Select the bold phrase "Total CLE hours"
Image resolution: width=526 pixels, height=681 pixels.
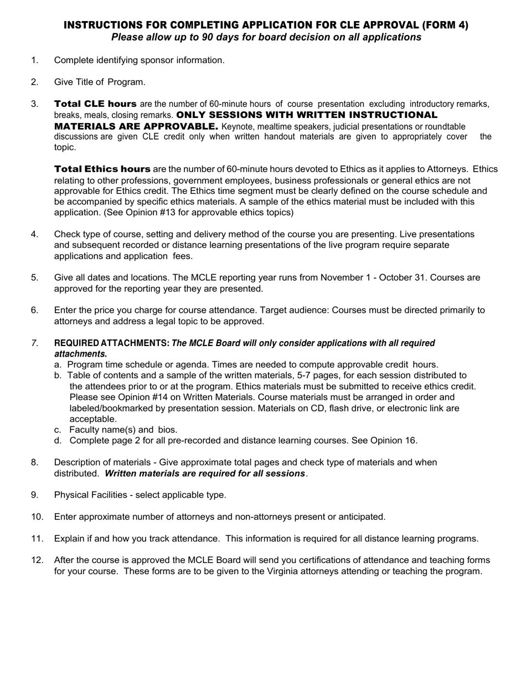pyautogui.click(x=95, y=104)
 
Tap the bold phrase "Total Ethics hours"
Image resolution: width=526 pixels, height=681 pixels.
pyautogui.click(x=102, y=169)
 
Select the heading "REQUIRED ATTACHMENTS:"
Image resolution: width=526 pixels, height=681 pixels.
pyautogui.click(x=112, y=343)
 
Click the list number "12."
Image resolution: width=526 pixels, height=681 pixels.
pyautogui.click(x=37, y=560)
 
